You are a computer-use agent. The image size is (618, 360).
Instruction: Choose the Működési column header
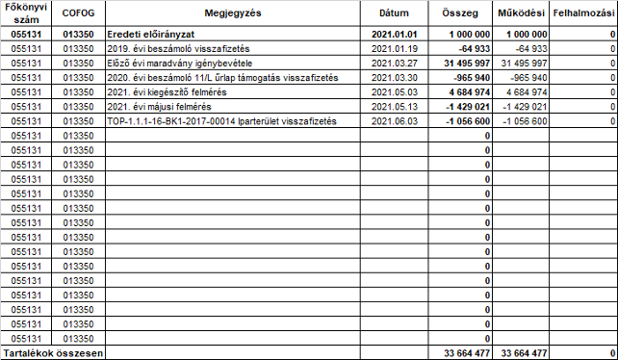523,15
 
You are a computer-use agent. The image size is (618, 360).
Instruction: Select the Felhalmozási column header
584,15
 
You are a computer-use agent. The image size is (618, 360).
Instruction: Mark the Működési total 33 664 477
525,353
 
